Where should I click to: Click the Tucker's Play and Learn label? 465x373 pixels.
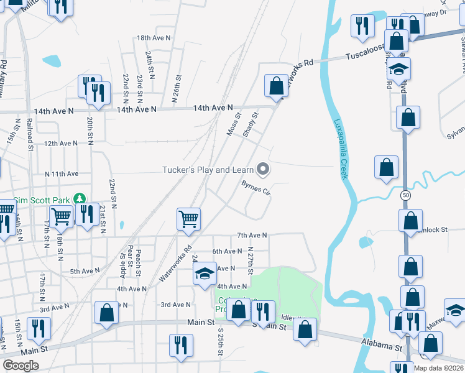pyautogui.click(x=208, y=170)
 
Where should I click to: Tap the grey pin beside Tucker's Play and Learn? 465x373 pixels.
pyautogui.click(x=263, y=168)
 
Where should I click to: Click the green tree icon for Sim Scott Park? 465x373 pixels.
pyautogui.click(x=79, y=199)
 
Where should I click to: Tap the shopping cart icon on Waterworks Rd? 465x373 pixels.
pyautogui.click(x=188, y=218)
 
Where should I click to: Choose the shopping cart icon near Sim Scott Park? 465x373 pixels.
pyautogui.click(x=61, y=216)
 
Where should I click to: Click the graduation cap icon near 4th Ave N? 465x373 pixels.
pyautogui.click(x=205, y=274)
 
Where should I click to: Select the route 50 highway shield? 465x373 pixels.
pyautogui.click(x=406, y=195)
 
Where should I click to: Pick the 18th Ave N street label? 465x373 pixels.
pyautogui.click(x=152, y=38)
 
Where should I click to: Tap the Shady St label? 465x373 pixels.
pyautogui.click(x=250, y=124)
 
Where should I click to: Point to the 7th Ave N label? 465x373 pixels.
pyautogui.click(x=252, y=236)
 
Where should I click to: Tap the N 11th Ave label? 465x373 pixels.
pyautogui.click(x=62, y=174)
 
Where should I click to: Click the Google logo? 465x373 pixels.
pyautogui.click(x=21, y=366)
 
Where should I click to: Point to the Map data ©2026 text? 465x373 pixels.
pyautogui.click(x=439, y=368)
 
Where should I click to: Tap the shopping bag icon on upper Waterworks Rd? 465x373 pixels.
pyautogui.click(x=275, y=85)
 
